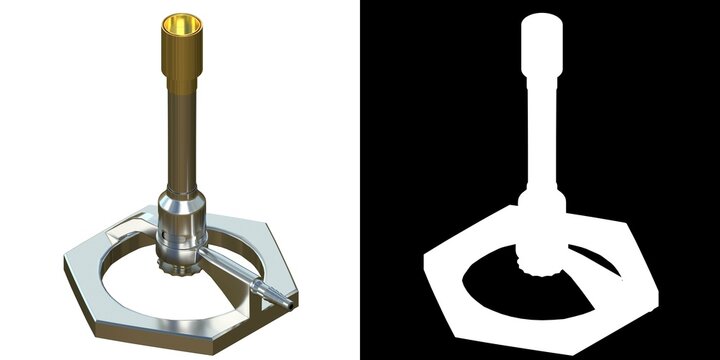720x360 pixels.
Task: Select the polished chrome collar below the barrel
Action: pyautogui.click(x=183, y=215)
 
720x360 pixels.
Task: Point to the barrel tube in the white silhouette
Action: pyautogui.click(x=541, y=120)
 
